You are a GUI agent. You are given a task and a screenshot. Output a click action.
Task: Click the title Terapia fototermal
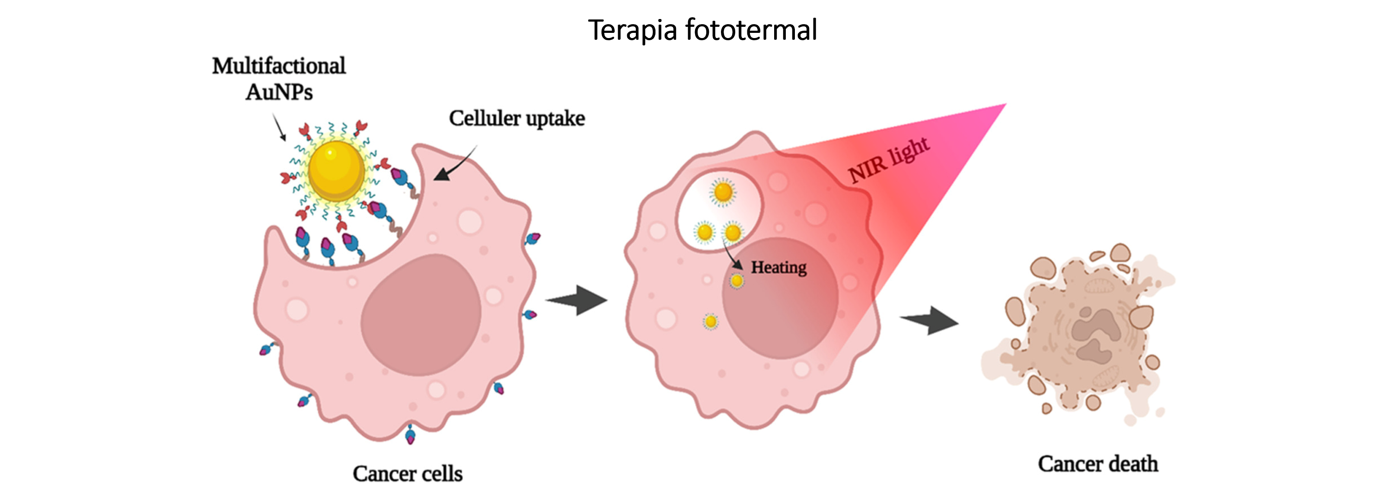702,30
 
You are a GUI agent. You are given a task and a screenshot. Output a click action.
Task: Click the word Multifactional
279,66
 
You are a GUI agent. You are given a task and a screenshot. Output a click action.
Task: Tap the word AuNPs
279,92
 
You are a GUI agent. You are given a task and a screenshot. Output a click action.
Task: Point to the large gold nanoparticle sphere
336,170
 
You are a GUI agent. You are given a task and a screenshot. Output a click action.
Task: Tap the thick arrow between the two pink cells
577,300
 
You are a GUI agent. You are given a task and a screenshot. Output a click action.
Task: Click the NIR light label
890,160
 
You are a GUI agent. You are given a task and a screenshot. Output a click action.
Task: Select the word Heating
778,268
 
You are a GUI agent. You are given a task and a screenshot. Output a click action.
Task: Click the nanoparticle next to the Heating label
737,281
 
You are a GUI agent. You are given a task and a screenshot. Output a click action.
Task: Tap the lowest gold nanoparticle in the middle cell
711,322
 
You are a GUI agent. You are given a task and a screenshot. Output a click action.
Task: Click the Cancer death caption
1097,464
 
